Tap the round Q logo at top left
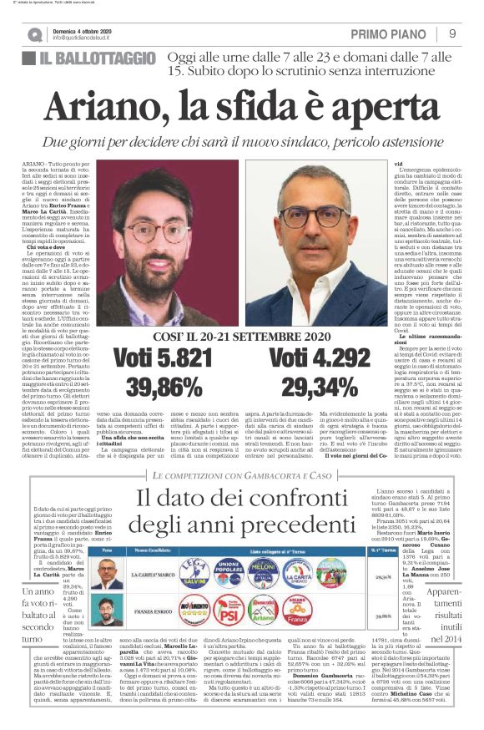[34, 35]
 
